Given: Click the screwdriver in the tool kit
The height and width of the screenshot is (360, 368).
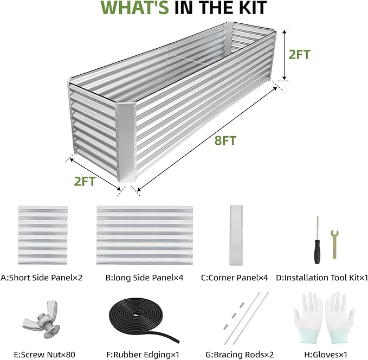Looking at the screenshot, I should pos(317,239).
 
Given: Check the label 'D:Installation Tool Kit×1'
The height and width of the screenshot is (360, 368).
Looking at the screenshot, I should pos(322,277).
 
